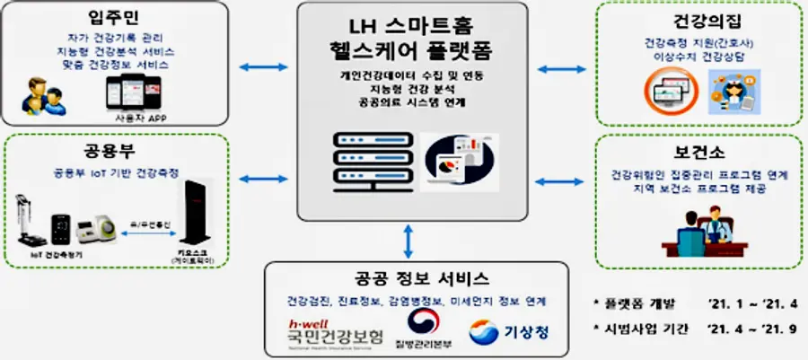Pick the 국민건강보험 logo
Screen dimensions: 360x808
[x=329, y=334]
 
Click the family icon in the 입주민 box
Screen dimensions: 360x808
[x=46, y=93]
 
